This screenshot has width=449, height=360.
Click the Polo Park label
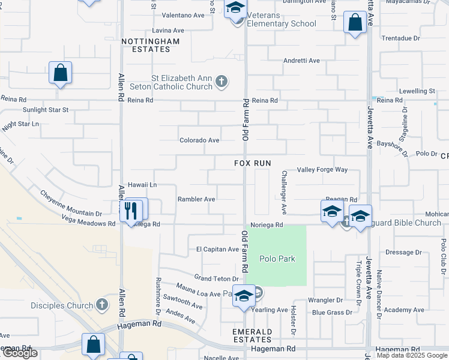[x=277, y=259]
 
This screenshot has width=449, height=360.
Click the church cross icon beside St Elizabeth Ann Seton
[x=221, y=82]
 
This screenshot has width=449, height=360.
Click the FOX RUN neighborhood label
[x=253, y=163]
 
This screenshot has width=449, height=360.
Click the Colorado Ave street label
[x=199, y=140]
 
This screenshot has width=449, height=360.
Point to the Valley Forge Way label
[x=322, y=170]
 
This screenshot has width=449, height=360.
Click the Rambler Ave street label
[x=196, y=199]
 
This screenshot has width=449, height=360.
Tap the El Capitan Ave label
[x=217, y=249]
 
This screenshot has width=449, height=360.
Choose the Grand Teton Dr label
[x=216, y=278]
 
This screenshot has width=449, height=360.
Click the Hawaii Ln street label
[x=142, y=185]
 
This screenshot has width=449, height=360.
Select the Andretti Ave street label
[x=301, y=61]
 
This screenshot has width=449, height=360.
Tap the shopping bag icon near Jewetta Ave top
[x=355, y=24]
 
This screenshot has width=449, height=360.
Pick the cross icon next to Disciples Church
[x=103, y=305]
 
